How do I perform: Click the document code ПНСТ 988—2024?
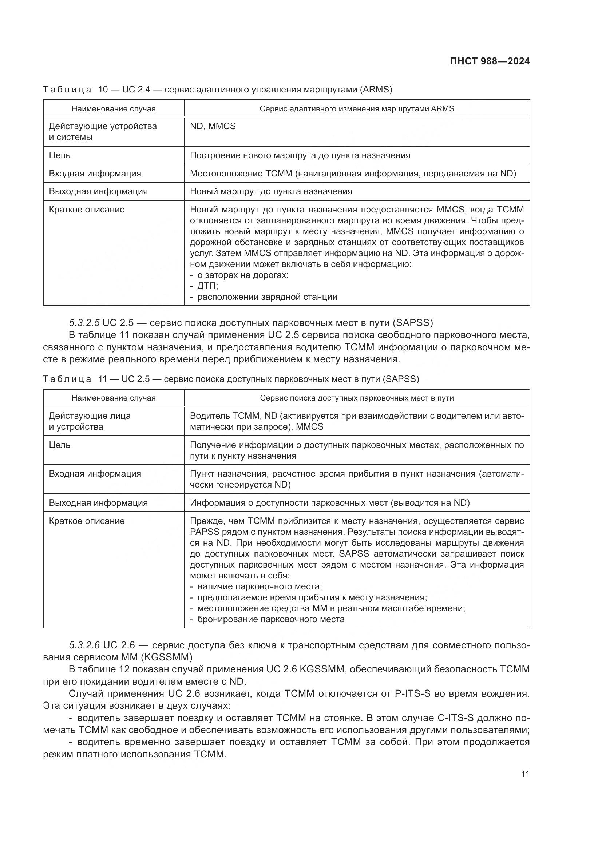490,61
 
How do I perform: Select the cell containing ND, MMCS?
213,126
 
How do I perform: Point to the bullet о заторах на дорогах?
242,275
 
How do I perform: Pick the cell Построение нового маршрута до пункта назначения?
300,155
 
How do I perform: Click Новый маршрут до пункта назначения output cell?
271,191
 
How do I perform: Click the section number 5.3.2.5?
84,323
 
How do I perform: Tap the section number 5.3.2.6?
84,645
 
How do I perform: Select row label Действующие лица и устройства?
90,421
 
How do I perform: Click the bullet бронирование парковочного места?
270,619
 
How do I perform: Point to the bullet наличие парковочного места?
260,587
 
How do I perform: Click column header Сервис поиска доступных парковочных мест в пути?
357,398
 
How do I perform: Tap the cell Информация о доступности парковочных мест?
329,502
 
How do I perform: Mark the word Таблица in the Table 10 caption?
67,90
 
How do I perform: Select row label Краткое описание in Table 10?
87,210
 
